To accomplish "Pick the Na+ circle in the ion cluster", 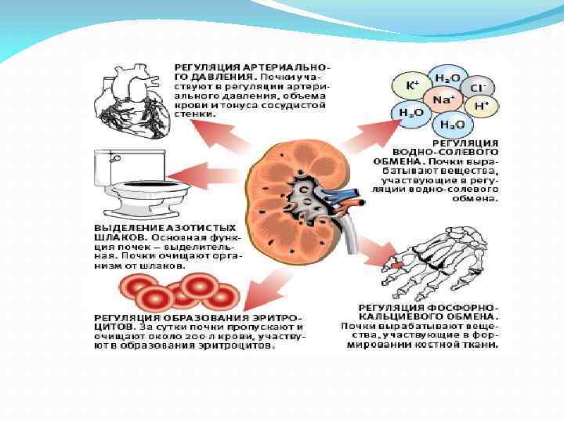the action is [440, 99].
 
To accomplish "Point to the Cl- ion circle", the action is [475, 87].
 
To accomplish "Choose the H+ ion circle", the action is [481, 106].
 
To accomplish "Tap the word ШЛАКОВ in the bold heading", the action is [117, 236].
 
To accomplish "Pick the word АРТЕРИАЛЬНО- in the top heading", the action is [285, 68].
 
